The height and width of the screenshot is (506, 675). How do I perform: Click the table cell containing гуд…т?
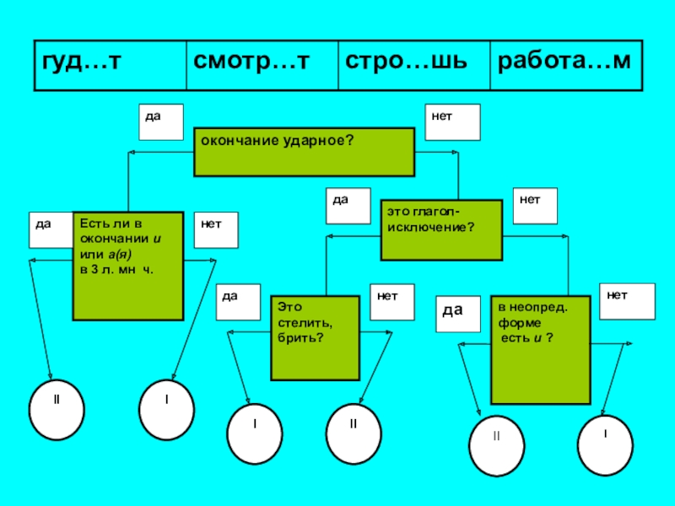pos(109,64)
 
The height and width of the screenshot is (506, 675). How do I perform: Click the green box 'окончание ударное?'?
pos(304,152)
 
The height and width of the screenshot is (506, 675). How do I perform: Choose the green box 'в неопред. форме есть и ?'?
pos(541,349)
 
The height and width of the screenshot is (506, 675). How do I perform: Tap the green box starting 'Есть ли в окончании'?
pos(127,266)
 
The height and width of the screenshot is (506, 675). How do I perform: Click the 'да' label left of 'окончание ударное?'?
pos(161,121)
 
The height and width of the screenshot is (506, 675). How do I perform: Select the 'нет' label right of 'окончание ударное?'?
pos(452,121)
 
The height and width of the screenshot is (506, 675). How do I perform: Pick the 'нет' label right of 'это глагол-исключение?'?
pos(535,207)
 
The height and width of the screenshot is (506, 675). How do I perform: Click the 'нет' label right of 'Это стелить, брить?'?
pos(392,302)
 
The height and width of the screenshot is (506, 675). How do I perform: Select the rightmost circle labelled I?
pos(605,443)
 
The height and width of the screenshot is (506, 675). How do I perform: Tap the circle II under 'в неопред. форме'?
pos(496,446)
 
